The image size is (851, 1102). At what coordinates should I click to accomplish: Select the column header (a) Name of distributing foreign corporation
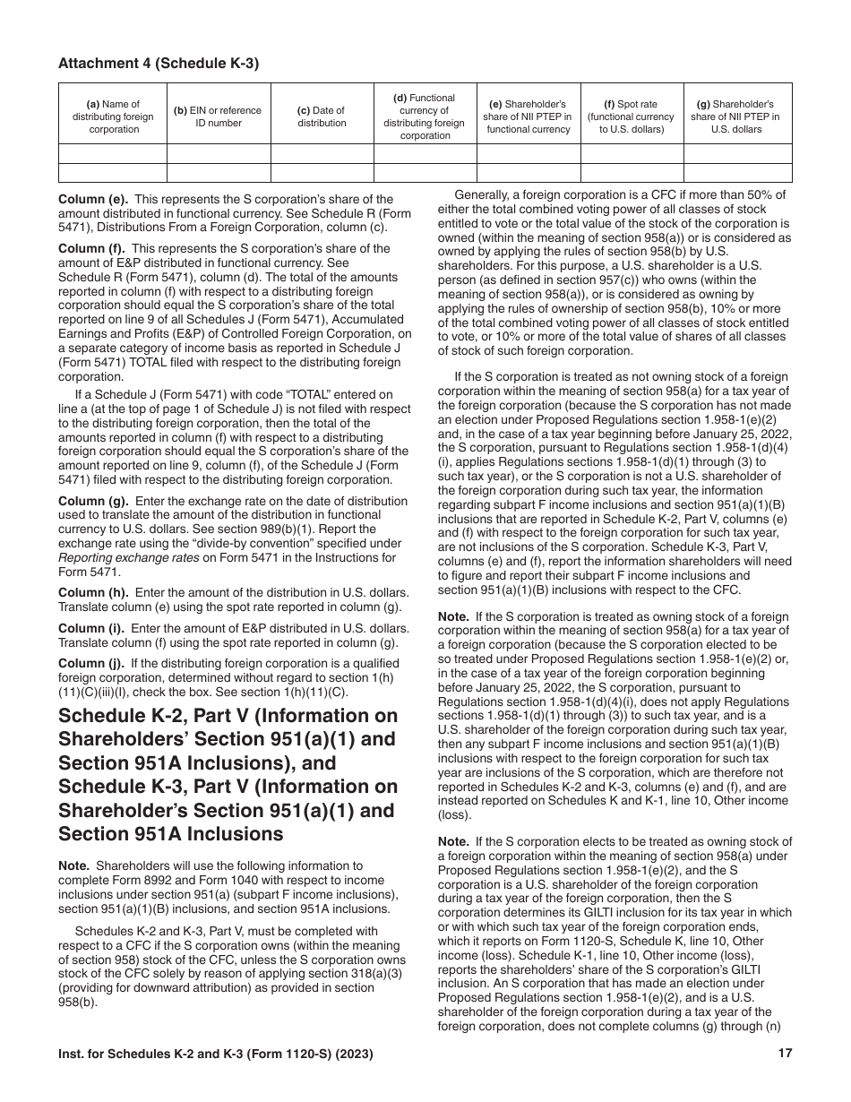click(113, 116)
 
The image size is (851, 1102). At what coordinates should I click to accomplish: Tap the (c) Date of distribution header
click(322, 116)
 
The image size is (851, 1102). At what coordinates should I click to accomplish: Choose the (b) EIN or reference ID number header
click(219, 116)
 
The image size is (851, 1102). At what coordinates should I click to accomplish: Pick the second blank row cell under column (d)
click(425, 173)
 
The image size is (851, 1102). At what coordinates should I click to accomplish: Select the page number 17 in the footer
click(785, 1054)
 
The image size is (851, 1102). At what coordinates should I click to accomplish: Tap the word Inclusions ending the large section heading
click(222, 834)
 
